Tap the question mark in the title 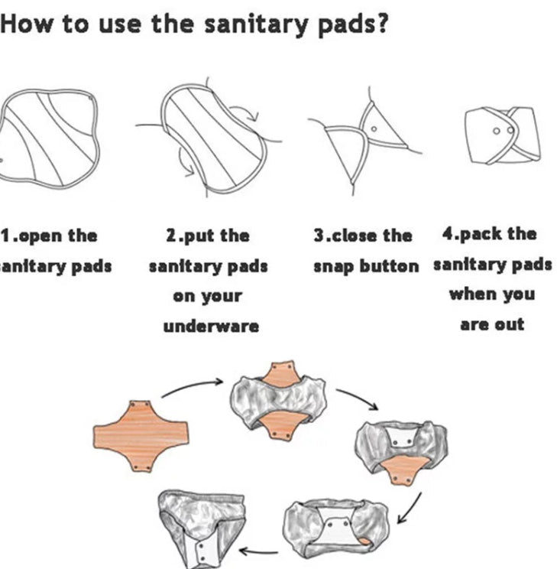[381, 22]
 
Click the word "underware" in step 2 [211, 327]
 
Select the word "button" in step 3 [389, 266]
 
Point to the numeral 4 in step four [448, 233]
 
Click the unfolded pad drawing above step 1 [48, 138]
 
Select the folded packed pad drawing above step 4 [503, 135]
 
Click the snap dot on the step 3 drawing [374, 128]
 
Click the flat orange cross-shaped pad [141, 436]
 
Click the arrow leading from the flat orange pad [193, 385]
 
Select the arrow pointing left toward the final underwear [258, 551]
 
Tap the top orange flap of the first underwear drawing [281, 373]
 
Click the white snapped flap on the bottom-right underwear [335, 525]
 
